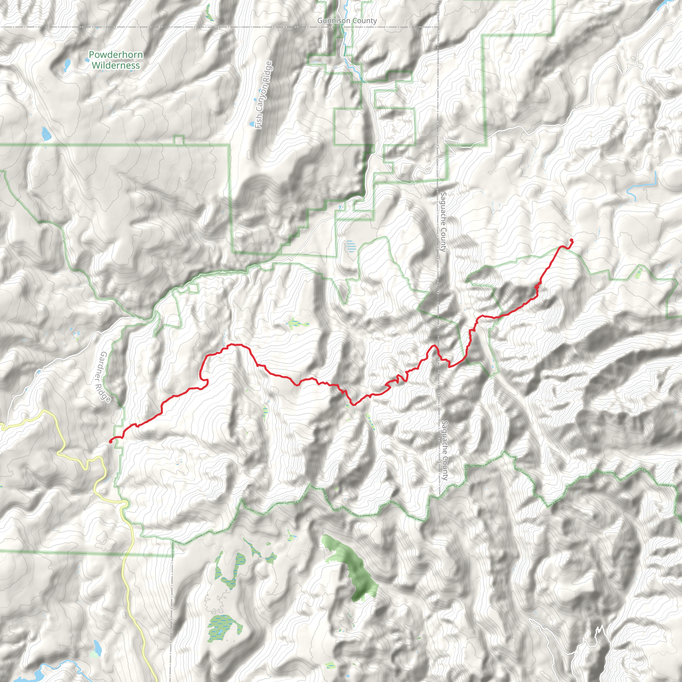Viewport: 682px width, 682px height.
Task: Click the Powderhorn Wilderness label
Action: tap(116, 60)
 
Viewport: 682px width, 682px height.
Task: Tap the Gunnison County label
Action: tap(347, 21)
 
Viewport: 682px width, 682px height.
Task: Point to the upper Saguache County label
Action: tap(443, 222)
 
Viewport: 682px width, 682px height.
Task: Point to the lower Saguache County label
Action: tap(445, 450)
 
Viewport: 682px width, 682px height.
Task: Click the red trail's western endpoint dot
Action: tap(111, 441)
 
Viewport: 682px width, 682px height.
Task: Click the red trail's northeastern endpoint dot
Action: tap(571, 240)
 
